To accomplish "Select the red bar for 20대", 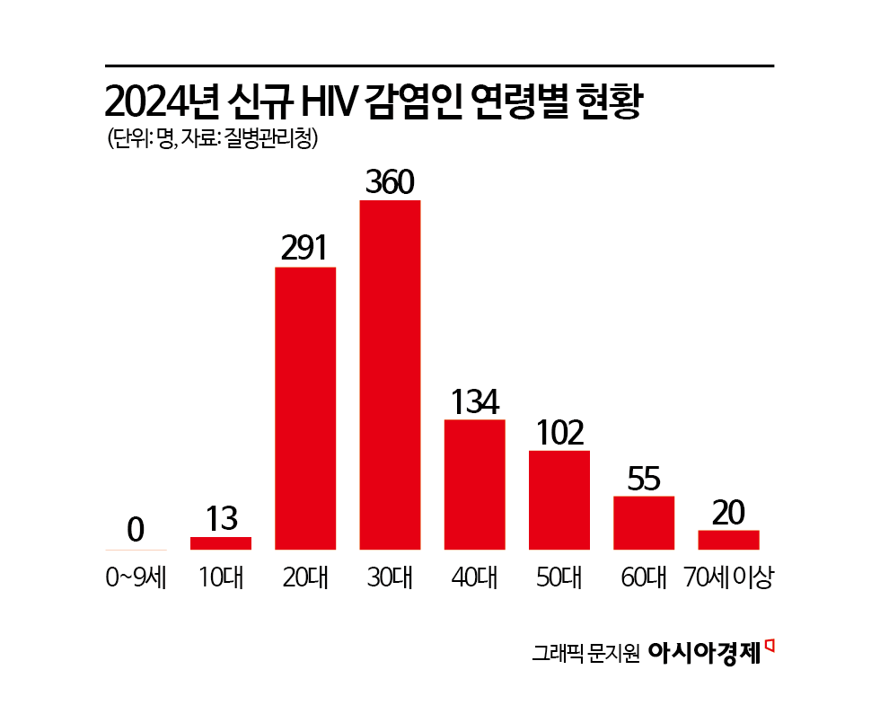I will pos(305,408).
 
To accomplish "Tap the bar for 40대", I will pos(474,484).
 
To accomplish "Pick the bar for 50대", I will pos(559,499).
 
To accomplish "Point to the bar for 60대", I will pos(643,522).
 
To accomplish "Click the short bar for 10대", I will pos(221,542).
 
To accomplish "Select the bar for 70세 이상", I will pos(728,539).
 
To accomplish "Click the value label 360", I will pos(390,182).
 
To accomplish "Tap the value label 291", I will pos(304,249).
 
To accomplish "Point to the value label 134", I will pos(474,401).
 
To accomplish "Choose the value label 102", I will pos(559,433).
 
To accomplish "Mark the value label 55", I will pos(643,479).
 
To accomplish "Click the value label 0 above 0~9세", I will pos(136,531).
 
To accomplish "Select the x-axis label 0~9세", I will pos(136,577).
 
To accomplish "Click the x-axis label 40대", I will pos(474,577).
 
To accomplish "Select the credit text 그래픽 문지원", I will pos(585,652).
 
